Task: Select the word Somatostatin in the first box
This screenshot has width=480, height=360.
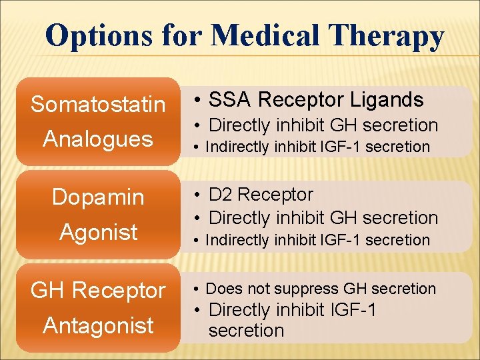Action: tap(98, 105)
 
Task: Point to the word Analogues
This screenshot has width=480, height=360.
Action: tap(98, 139)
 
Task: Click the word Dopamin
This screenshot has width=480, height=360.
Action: tap(98, 197)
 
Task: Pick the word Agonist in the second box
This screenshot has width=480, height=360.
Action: tap(98, 232)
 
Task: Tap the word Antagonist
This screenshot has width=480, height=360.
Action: tap(98, 325)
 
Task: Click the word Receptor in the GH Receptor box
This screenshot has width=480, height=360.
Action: tap(119, 291)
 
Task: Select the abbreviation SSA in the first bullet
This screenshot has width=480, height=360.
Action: tap(231, 100)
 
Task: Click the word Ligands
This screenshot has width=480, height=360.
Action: tap(387, 100)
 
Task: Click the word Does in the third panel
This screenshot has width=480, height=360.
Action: tap(223, 289)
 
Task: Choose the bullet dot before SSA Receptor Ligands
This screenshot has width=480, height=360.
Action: tap(198, 101)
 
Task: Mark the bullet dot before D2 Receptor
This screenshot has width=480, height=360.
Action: tap(198, 195)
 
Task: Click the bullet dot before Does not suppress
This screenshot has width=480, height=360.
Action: tap(198, 289)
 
